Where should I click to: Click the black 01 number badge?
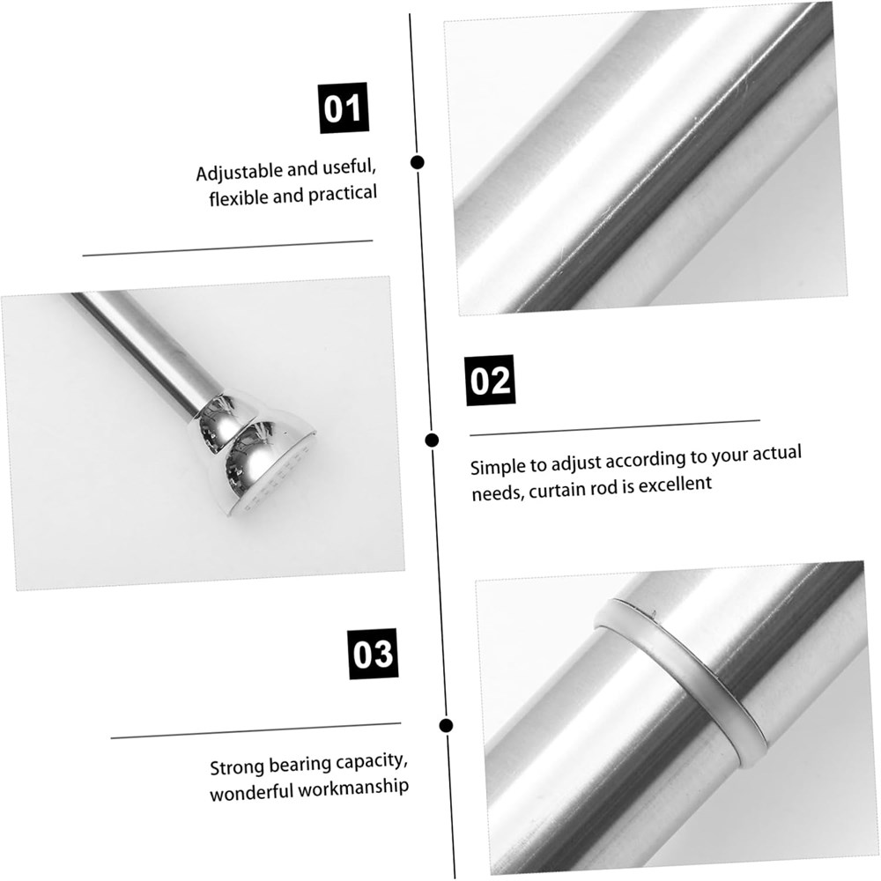[x=344, y=107]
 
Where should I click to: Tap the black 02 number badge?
[x=491, y=381]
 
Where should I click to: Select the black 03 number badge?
[x=373, y=654]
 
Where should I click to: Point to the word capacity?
[x=372, y=763]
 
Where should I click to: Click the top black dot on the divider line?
[x=417, y=162]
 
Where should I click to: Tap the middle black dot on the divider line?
[x=432, y=440]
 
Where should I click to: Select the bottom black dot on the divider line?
[x=446, y=725]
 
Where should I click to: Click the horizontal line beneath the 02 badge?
[x=615, y=427]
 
